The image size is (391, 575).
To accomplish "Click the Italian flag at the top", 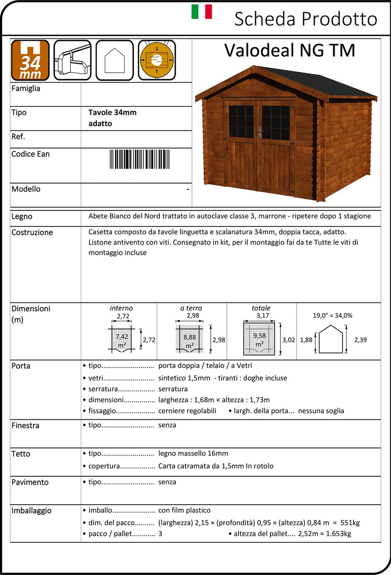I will point(201,11).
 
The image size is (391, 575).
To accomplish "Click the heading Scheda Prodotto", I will point(305,19).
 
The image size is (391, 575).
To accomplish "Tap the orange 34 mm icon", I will point(30,60).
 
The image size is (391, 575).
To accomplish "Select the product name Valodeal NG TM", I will point(289,50).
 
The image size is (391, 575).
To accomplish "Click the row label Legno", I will point(22,216).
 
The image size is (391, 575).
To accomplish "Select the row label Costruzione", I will point(32,232).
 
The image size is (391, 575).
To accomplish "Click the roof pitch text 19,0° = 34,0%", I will point(332,315).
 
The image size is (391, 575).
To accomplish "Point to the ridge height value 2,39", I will point(360,340).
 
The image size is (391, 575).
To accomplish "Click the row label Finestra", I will point(25,426).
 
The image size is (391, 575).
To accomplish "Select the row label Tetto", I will point(21,454).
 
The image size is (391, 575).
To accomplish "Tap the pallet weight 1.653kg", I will point(334,534).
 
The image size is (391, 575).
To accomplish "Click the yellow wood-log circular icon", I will point(156,60).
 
